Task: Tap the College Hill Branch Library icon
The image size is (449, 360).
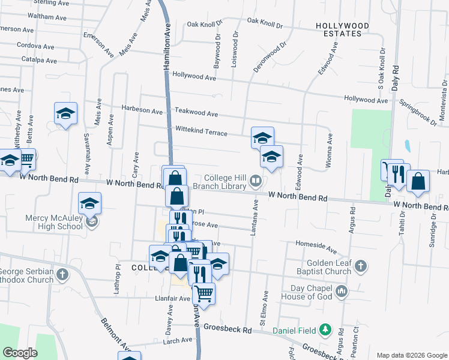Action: click(256, 181)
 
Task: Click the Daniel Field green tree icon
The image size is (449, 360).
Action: click(326, 329)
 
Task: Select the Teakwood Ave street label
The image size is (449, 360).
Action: click(196, 112)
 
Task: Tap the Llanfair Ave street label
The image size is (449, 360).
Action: click(172, 298)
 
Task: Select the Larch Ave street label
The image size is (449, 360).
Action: click(177, 341)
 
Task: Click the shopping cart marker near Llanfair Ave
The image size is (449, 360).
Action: click(204, 293)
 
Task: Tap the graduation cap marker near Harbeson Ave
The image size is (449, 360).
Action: click(66, 113)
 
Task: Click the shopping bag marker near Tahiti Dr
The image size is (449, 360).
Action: click(418, 181)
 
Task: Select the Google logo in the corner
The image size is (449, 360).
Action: click(20, 353)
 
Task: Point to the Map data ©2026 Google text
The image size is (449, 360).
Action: click(412, 355)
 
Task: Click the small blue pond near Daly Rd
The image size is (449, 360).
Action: click(408, 146)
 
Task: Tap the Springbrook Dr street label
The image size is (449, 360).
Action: click(418, 111)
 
